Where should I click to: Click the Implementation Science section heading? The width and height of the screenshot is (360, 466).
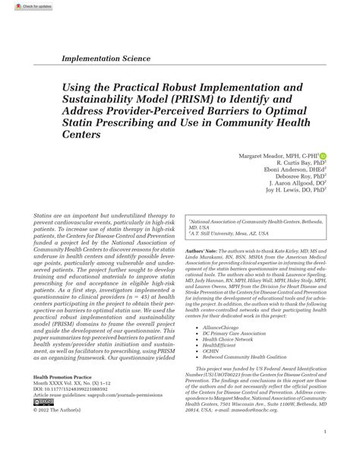tap(111, 59)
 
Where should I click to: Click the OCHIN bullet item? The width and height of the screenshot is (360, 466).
tap(212, 350)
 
